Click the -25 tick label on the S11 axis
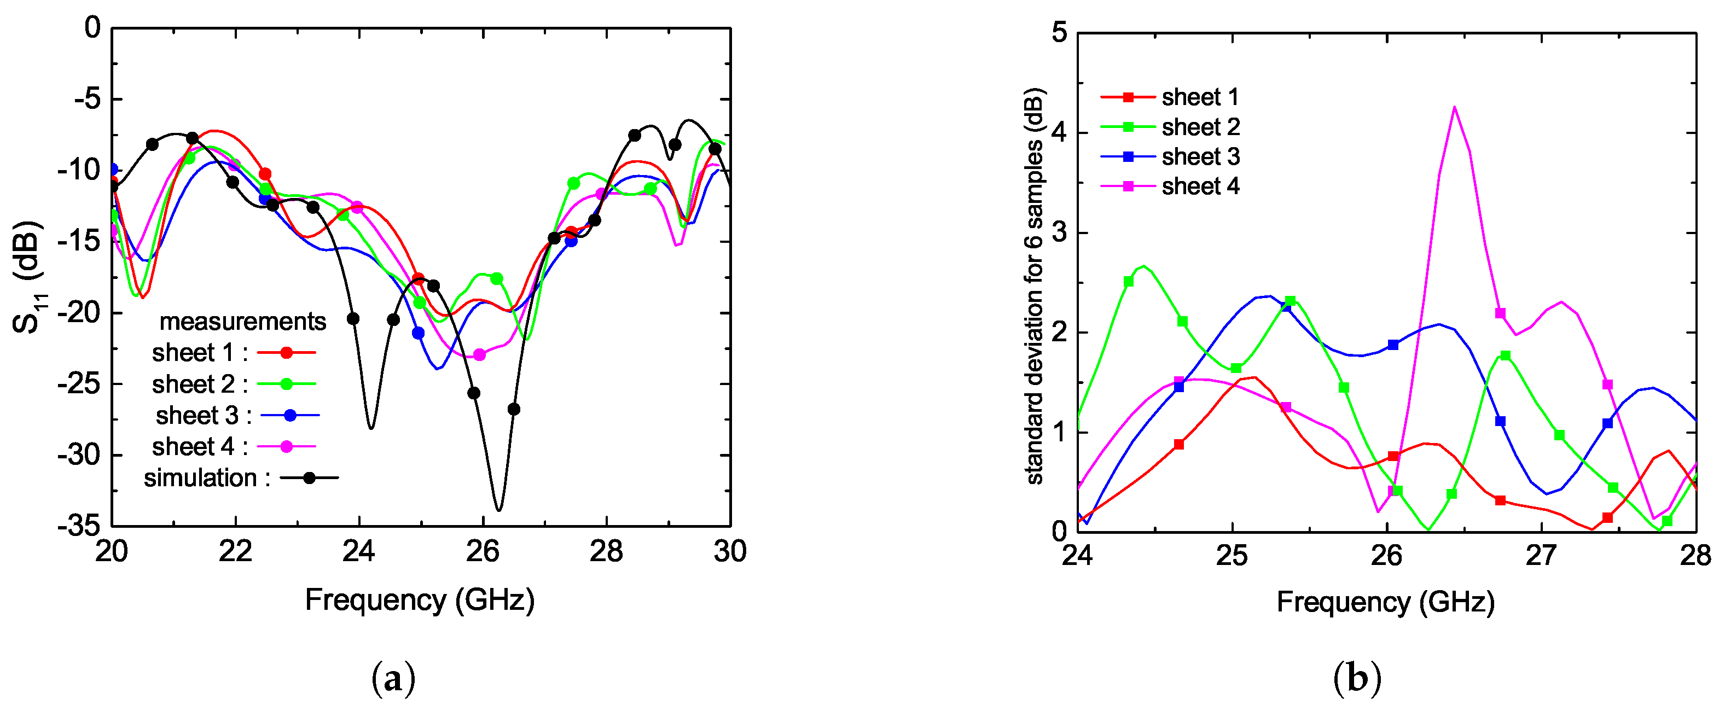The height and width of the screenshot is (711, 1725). coord(78,384)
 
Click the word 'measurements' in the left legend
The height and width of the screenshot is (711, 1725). coord(242,322)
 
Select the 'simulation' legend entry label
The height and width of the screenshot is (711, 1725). coord(200,478)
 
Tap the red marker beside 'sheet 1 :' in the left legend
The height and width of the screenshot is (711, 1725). coord(287,353)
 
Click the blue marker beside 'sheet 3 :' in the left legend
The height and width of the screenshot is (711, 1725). coord(290,416)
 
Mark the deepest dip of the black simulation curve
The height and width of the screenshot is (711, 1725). coord(498,510)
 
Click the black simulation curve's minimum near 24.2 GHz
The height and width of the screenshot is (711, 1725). coord(371,427)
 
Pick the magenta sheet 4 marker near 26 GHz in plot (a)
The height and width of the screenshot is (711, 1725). coord(479,355)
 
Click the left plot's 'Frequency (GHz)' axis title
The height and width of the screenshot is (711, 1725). coord(420,600)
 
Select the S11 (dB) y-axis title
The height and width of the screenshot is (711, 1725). coord(28,277)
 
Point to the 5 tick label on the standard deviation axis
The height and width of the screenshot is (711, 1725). coord(1059,32)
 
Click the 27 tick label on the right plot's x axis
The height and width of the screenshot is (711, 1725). coord(1542,556)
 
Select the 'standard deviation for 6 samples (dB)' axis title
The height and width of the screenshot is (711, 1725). coord(1035,286)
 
